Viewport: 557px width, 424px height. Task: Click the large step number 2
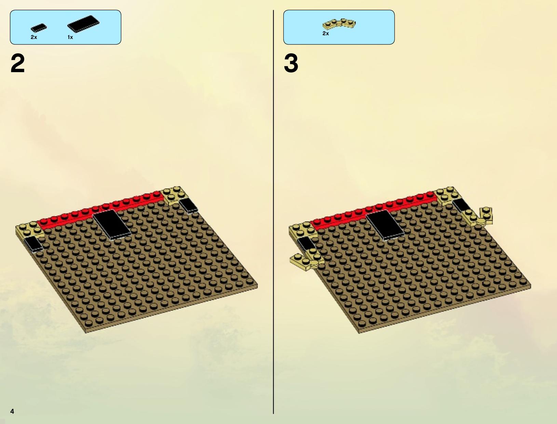click(x=17, y=63)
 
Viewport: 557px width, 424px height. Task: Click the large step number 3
click(x=291, y=63)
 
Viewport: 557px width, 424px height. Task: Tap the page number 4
click(x=12, y=411)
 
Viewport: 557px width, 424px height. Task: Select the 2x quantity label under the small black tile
click(x=34, y=37)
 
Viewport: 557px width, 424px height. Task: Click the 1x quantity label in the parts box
click(x=70, y=37)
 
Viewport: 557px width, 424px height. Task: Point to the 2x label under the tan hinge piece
click(x=326, y=33)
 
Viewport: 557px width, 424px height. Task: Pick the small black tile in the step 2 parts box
click(x=39, y=28)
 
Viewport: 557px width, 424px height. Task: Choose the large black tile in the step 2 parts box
click(x=83, y=23)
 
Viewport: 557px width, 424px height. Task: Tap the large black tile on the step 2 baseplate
click(x=111, y=225)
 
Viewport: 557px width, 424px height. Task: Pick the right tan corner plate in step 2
click(x=175, y=196)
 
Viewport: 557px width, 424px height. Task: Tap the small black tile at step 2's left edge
click(x=33, y=244)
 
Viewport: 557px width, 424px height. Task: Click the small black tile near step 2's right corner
click(x=188, y=206)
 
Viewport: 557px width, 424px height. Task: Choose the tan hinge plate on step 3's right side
click(x=477, y=217)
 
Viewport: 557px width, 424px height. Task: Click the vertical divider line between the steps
click(x=273, y=212)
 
